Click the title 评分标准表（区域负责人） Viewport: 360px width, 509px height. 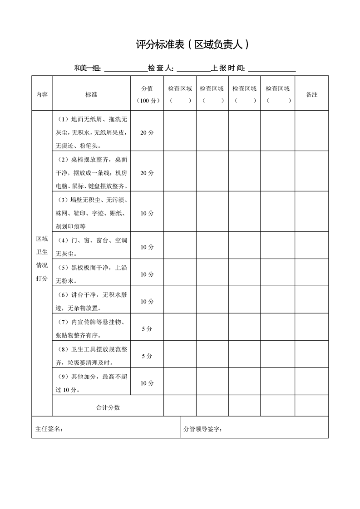click(193, 45)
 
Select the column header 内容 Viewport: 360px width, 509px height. click(42, 94)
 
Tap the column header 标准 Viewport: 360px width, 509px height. click(91, 94)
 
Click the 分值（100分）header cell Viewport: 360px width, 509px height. click(147, 94)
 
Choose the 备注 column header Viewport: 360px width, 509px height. click(311, 94)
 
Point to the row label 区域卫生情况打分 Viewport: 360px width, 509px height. click(42, 259)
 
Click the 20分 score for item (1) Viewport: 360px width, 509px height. click(147, 133)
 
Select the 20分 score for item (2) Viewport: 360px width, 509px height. click(147, 173)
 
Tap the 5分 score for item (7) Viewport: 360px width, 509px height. click(147, 329)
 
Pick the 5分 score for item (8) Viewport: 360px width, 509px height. click(147, 356)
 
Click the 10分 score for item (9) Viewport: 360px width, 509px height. click(147, 383)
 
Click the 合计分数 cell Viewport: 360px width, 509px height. click(108, 407)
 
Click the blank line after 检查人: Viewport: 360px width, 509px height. click(193, 69)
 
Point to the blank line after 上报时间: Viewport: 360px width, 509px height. click(272, 69)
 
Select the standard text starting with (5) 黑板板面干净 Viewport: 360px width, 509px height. click(91, 274)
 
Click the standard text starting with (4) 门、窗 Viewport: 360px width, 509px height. click(91, 247)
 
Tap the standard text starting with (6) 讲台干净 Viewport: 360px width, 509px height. click(91, 301)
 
